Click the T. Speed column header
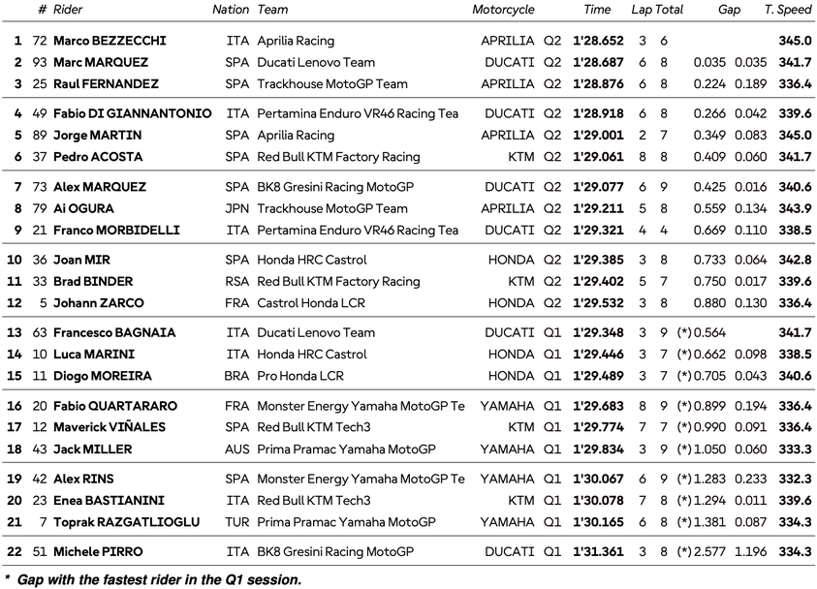788,10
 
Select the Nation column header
231,10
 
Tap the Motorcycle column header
503,10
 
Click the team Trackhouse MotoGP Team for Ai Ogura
332,208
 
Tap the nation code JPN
236,208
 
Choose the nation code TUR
236,522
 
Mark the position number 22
15,551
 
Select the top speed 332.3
795,479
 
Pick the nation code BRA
236,376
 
